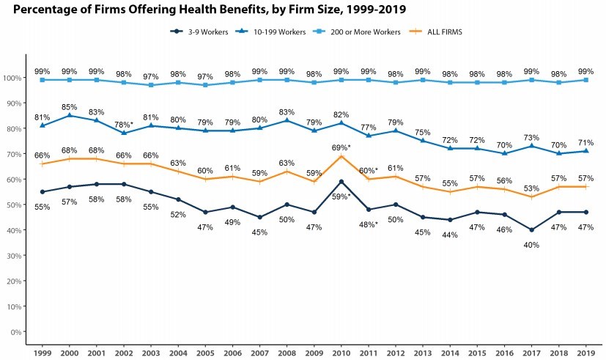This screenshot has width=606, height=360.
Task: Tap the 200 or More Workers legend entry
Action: pos(356,32)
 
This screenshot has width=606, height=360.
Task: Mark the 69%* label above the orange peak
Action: pos(341,147)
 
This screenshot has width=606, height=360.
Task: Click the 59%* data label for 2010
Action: pos(341,196)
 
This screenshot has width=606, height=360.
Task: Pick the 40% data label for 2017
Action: pos(531,245)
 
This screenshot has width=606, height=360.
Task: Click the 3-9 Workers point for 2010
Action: pos(341,182)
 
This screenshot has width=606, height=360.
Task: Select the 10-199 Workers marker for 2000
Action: pos(70,115)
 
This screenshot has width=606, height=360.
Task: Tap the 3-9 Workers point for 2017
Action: pos(531,230)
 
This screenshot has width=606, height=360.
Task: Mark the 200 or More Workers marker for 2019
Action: pos(585,80)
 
